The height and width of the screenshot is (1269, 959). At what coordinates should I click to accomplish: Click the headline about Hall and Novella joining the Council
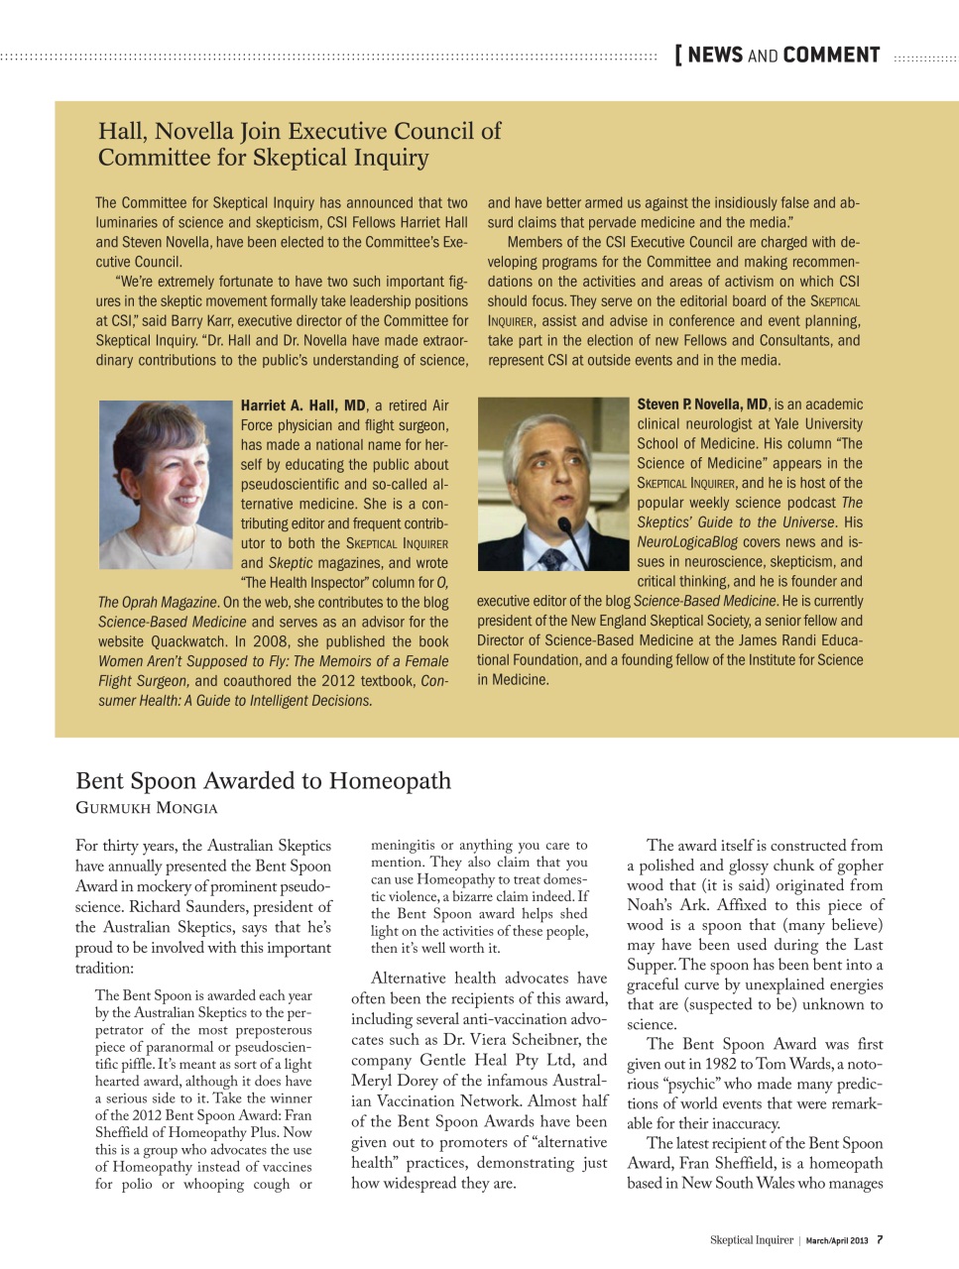tap(299, 144)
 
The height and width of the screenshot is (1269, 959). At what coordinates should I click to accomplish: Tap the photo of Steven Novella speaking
tap(552, 483)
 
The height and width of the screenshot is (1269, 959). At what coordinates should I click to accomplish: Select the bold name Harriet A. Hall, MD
tap(303, 405)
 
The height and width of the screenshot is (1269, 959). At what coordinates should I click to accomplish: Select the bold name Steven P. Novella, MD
tap(702, 404)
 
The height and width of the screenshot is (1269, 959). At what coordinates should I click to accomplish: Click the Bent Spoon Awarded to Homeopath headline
tap(263, 781)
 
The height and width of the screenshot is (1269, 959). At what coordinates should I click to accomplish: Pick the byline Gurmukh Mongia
tap(147, 808)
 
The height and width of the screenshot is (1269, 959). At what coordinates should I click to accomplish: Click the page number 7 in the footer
tap(880, 1239)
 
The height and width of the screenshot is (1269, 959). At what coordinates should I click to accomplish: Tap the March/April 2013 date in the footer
tap(836, 1240)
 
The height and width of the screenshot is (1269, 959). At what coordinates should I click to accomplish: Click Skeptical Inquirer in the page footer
tap(751, 1240)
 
